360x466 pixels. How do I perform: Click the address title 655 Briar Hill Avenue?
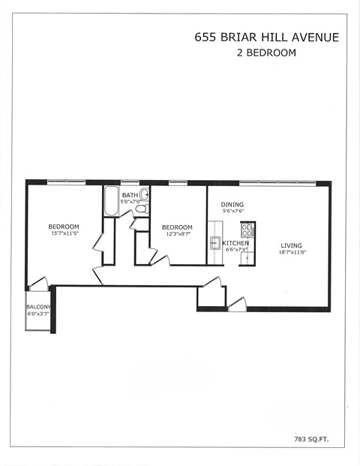click(266, 37)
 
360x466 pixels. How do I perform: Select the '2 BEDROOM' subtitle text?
click(266, 53)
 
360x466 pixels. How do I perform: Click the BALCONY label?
click(38, 307)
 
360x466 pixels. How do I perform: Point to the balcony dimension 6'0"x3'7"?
click(38, 314)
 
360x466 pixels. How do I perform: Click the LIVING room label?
click(292, 245)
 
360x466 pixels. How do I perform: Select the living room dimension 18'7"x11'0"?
click(292, 253)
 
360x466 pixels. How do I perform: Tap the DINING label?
click(232, 204)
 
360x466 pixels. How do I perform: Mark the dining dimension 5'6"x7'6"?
click(232, 212)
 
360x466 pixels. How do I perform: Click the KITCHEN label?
click(235, 243)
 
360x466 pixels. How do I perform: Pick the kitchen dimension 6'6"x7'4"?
click(235, 251)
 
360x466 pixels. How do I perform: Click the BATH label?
click(130, 195)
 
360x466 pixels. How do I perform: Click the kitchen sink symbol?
click(214, 242)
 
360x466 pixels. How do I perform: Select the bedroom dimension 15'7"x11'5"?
click(64, 234)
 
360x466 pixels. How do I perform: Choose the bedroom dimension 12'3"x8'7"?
click(177, 234)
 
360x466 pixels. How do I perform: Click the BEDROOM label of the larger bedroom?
click(64, 227)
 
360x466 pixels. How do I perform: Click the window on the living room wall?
click(277, 182)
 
